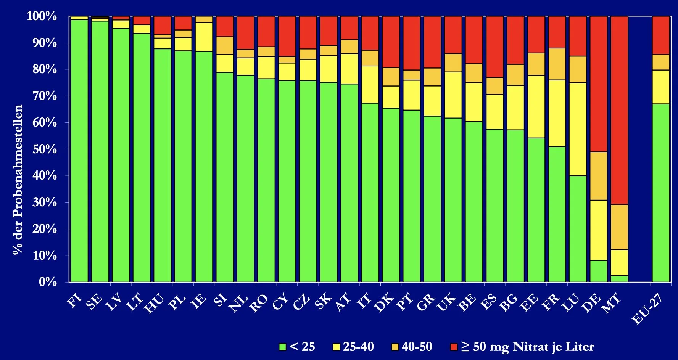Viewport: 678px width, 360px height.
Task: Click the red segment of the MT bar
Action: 619,110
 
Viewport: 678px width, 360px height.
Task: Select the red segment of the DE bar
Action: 599,84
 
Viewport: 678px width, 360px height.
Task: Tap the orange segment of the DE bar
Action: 599,176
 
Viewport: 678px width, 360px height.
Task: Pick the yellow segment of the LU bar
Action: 578,129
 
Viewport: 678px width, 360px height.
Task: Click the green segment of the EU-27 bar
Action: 661,193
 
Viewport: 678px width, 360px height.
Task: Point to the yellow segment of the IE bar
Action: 204,37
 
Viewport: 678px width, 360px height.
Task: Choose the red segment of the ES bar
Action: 494,47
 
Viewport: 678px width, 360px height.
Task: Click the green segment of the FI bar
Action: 79,151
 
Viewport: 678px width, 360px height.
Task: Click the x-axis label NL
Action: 239,304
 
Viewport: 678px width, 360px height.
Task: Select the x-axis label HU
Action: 155,304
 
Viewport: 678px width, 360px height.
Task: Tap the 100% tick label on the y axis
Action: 42,16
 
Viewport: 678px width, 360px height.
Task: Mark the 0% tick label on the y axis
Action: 48,282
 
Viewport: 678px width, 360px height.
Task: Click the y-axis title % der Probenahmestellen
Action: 18,180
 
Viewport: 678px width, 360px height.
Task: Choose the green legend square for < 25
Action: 283,347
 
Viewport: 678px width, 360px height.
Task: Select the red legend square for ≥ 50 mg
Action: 454,347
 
